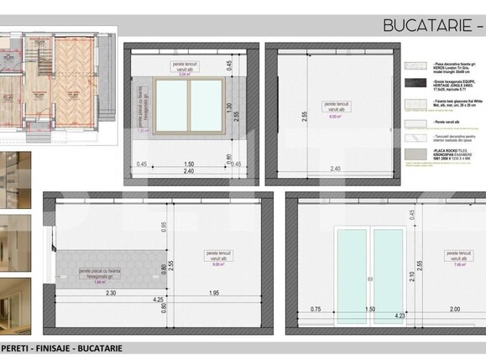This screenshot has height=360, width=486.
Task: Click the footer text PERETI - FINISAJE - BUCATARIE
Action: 62,347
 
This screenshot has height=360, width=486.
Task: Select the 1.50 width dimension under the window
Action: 189,164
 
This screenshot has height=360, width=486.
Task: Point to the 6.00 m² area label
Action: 335,117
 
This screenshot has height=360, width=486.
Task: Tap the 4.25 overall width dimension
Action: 157,300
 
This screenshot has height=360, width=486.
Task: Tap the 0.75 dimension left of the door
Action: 316,309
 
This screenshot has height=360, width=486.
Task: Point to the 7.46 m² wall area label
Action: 458,263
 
